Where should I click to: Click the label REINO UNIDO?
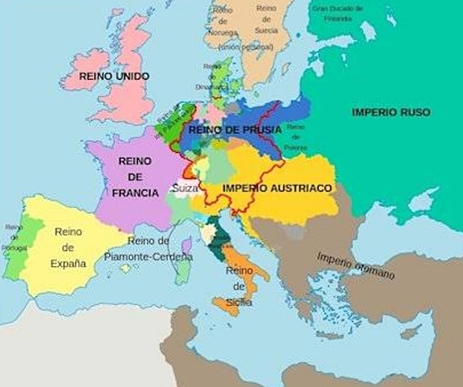pyautogui.click(x=115, y=75)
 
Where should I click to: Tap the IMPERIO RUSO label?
pyautogui.click(x=391, y=111)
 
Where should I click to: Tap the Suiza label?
pyautogui.click(x=185, y=188)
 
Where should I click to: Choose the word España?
pyautogui.click(x=69, y=263)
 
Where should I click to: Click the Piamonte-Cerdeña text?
pyautogui.click(x=149, y=256)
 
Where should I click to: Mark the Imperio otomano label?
pyautogui.click(x=356, y=265)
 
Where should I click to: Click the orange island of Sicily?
pyautogui.click(x=226, y=306)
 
